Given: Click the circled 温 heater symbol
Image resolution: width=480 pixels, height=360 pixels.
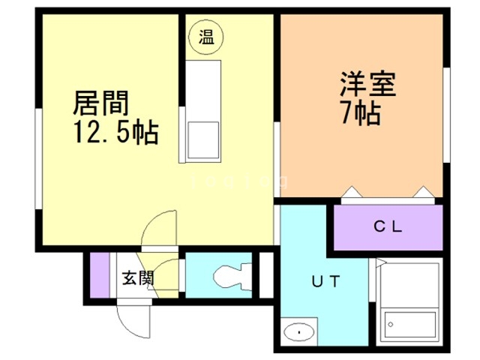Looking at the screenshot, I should click(x=205, y=37).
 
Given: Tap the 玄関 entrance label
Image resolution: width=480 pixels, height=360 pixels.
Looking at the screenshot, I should click(x=138, y=278).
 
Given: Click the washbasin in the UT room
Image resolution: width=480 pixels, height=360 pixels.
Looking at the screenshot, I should click(x=299, y=331).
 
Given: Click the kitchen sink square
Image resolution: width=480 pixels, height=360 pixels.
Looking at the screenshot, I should click(x=202, y=138).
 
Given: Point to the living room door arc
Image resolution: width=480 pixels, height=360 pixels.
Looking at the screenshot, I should click(x=160, y=228).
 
